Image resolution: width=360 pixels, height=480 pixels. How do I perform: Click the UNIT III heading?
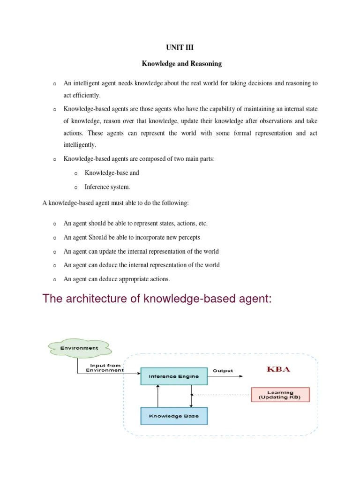click(180, 47)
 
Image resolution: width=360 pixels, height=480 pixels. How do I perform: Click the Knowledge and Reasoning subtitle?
click(182, 63)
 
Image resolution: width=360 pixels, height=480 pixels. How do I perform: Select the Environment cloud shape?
click(79, 348)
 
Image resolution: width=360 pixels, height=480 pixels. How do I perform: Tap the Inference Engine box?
click(173, 376)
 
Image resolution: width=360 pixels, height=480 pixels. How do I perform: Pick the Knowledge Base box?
click(173, 416)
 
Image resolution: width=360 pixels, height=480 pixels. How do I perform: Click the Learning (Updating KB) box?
click(280, 395)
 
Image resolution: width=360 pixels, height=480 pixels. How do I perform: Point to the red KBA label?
click(278, 369)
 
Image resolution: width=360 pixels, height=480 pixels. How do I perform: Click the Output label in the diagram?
click(223, 371)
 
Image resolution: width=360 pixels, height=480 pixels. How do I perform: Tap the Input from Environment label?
click(105, 368)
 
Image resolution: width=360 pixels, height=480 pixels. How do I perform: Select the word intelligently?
click(79, 145)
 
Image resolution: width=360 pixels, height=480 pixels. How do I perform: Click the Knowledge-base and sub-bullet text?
click(112, 173)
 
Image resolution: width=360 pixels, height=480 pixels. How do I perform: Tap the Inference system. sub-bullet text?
click(107, 187)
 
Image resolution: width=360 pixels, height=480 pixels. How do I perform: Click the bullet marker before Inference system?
click(75, 187)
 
